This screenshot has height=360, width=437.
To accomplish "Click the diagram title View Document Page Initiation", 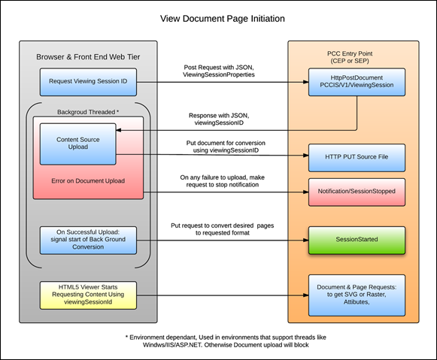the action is pyautogui.click(x=223, y=19).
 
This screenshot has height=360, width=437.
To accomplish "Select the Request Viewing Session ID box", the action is pyautogui.click(x=88, y=82).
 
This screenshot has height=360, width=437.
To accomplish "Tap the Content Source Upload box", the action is pyautogui.click(x=78, y=144).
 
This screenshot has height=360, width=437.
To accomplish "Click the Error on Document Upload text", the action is pyautogui.click(x=88, y=181).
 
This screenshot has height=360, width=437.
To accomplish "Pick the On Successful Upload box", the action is pyautogui.click(x=88, y=241).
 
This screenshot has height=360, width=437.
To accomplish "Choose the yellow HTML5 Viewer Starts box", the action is pyautogui.click(x=88, y=295).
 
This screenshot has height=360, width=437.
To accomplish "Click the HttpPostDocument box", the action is pyautogui.click(x=357, y=82).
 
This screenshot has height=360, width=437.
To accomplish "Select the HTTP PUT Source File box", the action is pyautogui.click(x=357, y=158).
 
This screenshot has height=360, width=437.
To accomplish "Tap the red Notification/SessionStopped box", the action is pyautogui.click(x=357, y=192).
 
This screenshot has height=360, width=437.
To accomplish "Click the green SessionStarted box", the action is pyautogui.click(x=357, y=241).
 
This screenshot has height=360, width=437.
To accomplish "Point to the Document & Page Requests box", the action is pyautogui.click(x=357, y=295).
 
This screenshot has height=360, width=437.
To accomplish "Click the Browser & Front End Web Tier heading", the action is pyautogui.click(x=88, y=57).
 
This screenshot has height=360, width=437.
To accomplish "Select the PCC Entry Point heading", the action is pyautogui.click(x=350, y=57).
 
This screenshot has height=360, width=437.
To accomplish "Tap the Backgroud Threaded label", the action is pyautogui.click(x=88, y=112).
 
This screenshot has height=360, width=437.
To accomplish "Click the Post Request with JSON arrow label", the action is pyautogui.click(x=219, y=71).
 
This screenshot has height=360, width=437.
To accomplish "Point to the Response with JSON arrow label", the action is pyautogui.click(x=219, y=119).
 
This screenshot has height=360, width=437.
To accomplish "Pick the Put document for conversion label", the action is pyautogui.click(x=226, y=147).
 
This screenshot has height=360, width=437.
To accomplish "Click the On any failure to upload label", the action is pyautogui.click(x=223, y=181).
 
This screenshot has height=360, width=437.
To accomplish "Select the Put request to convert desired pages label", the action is pyautogui.click(x=223, y=229).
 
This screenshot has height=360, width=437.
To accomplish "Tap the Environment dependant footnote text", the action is pyautogui.click(x=226, y=341).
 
